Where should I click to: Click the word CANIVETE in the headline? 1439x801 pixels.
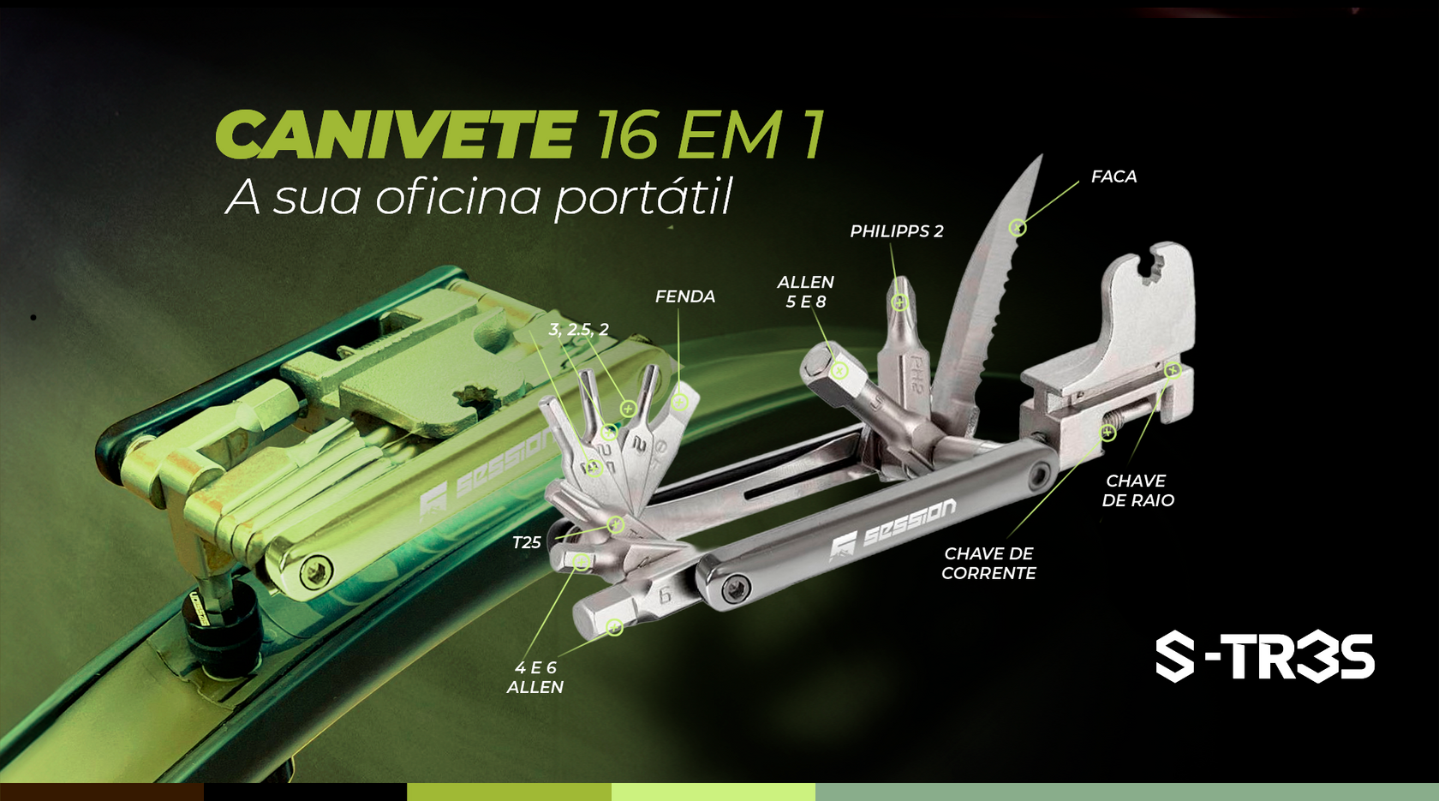click(394, 134)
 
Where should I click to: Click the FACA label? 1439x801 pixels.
click(1114, 176)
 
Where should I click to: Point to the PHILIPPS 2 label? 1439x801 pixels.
click(897, 231)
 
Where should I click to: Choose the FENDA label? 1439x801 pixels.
click(685, 296)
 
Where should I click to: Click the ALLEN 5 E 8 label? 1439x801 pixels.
click(805, 291)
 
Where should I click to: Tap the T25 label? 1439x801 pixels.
click(527, 543)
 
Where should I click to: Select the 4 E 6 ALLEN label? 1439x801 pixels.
click(535, 678)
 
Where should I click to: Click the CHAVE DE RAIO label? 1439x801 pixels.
click(1137, 491)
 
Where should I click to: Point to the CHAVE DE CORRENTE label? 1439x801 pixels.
click(988, 564)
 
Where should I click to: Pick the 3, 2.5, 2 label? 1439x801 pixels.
click(578, 330)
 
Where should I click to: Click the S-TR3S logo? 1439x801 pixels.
click(1265, 657)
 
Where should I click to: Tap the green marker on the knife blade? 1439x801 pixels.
click(1017, 227)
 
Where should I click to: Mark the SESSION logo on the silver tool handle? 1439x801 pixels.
click(893, 529)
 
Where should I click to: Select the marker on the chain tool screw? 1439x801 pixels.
click(1108, 433)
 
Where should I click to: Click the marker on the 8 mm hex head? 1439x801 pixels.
click(839, 371)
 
